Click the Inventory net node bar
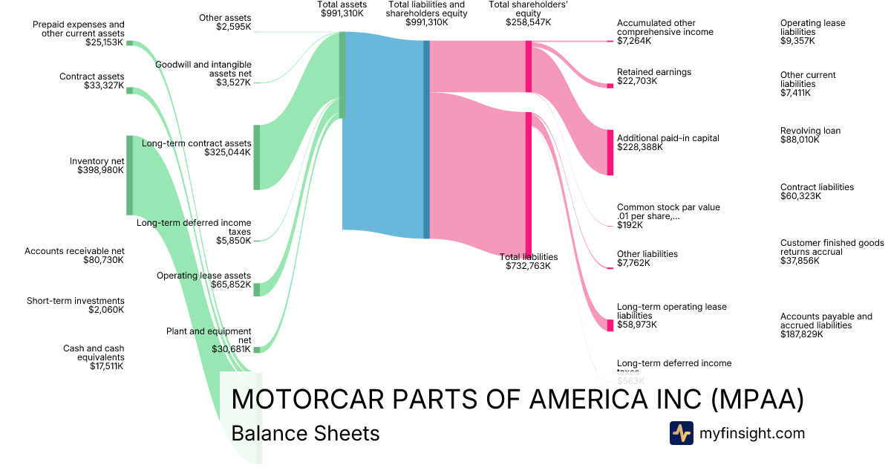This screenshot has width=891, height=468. (x=129, y=175)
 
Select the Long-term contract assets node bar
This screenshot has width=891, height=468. (x=257, y=157)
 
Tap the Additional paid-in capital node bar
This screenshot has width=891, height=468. (x=610, y=152)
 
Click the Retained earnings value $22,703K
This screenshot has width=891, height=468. (x=637, y=81)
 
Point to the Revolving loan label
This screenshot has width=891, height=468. (x=810, y=131)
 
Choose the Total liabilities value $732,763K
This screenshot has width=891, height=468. (x=528, y=266)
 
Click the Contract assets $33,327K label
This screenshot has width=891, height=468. (x=92, y=81)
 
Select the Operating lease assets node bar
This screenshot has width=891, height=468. (x=257, y=289)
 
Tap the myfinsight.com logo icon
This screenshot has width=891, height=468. (x=681, y=433)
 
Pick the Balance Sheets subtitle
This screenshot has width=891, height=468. (x=305, y=433)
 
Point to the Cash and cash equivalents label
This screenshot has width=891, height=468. (x=94, y=357)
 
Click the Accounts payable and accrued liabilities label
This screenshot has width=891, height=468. (x=826, y=325)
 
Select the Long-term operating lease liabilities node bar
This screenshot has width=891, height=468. (x=610, y=325)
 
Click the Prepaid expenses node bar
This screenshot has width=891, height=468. (x=129, y=43)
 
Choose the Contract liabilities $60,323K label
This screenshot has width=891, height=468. (x=817, y=192)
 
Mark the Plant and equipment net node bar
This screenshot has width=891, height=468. (x=257, y=349)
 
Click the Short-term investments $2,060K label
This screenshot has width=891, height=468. (x=75, y=305)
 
